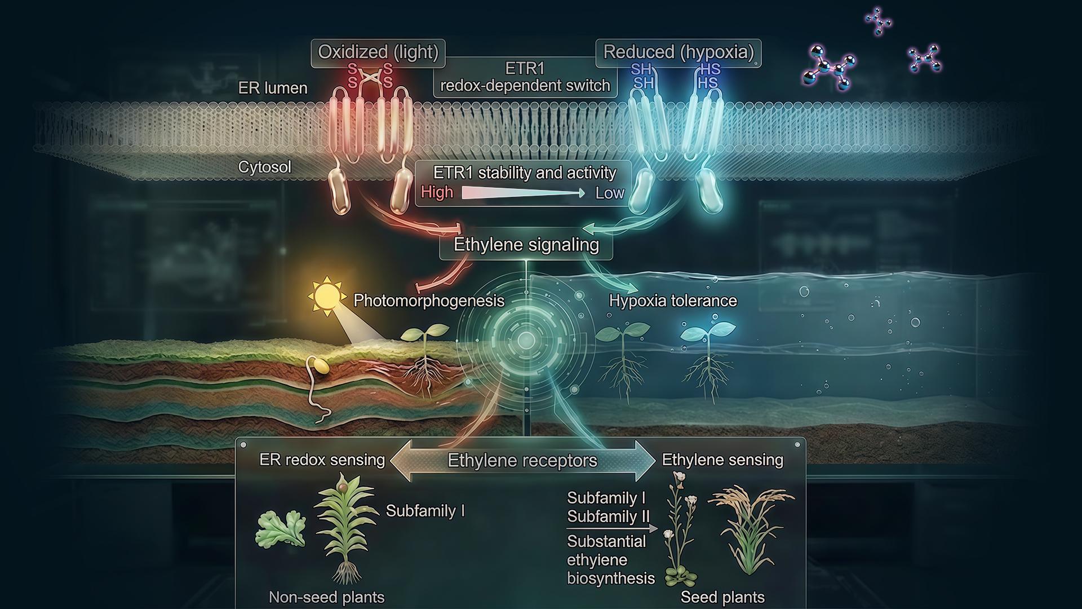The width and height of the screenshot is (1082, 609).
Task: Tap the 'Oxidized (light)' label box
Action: pyautogui.click(x=378, y=53)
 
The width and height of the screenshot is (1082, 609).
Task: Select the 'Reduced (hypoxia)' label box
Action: pyautogui.click(x=679, y=53)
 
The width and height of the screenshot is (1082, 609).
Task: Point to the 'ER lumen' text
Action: pyautogui.click(x=273, y=88)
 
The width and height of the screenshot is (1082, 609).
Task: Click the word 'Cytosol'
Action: pyautogui.click(x=264, y=167)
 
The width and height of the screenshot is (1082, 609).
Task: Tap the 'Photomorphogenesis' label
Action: pyautogui.click(x=429, y=301)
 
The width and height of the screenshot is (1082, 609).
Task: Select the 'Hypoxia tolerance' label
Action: pyautogui.click(x=673, y=301)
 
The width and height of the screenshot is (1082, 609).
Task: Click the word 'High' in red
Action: pyautogui.click(x=437, y=192)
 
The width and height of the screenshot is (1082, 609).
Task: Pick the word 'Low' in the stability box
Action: pyautogui.click(x=610, y=193)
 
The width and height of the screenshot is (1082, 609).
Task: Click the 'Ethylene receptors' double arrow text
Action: pyautogui.click(x=522, y=461)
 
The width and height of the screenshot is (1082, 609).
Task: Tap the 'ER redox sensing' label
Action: pyautogui.click(x=322, y=460)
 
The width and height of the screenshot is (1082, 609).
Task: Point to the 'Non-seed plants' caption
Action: pyautogui.click(x=326, y=597)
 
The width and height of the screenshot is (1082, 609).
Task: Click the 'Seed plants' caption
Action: pyautogui.click(x=722, y=597)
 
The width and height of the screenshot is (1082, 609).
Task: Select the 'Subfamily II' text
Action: pyautogui.click(x=609, y=517)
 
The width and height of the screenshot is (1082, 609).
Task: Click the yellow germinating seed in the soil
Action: pyautogui.click(x=321, y=365)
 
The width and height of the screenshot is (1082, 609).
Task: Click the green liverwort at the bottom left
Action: pyautogui.click(x=280, y=529)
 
